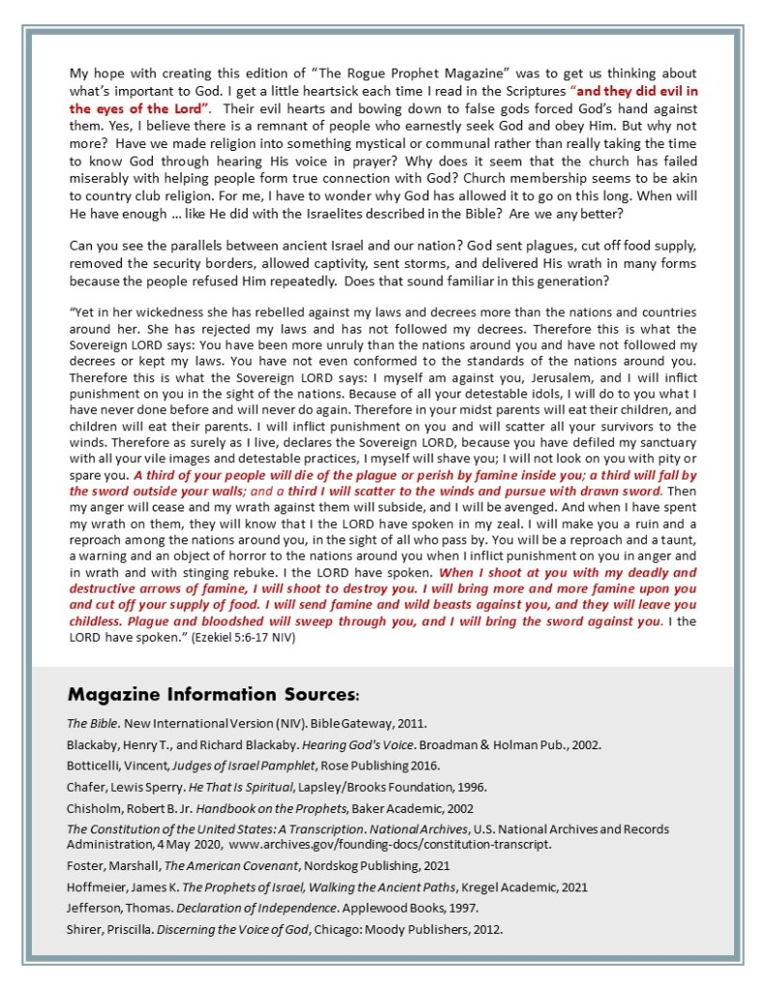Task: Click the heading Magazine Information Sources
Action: (x=213, y=694)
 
